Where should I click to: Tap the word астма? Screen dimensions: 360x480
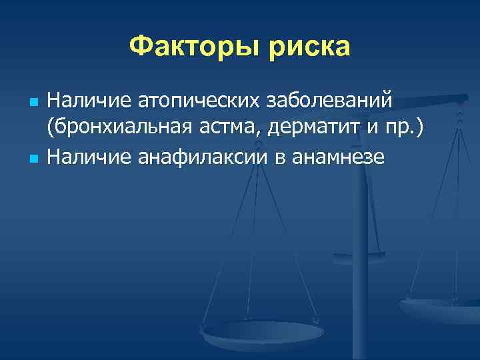pyautogui.click(x=227, y=129)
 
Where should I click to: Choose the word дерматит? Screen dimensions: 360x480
pyautogui.click(x=318, y=129)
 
